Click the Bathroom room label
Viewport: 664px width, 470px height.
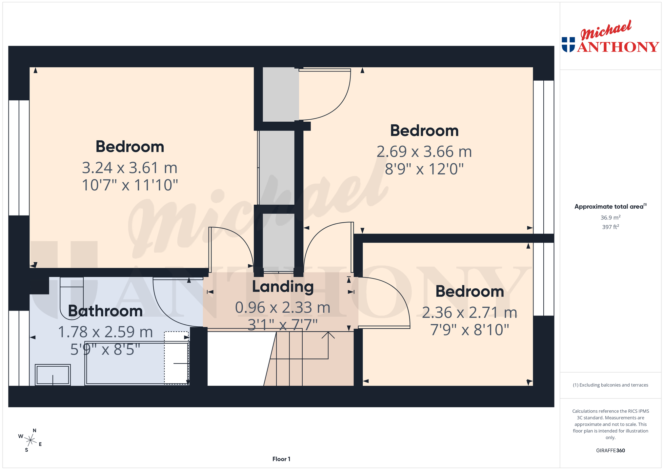(x=105, y=311)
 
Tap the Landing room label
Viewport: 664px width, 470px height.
(x=283, y=287)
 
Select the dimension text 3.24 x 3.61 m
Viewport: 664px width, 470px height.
(x=130, y=168)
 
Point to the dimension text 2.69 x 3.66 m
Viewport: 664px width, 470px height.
(x=424, y=152)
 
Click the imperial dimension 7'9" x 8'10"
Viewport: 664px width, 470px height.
(x=470, y=330)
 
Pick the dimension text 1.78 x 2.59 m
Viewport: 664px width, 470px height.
(x=105, y=332)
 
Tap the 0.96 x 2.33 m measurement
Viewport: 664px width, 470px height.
(x=283, y=307)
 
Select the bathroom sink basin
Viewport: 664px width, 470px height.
(x=53, y=375)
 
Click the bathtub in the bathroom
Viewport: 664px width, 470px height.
(x=137, y=363)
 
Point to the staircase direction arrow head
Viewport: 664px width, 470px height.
(x=328, y=335)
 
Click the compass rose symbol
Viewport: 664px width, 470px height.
(x=30, y=440)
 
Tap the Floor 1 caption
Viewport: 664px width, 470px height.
(x=281, y=459)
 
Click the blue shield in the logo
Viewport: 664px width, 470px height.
(x=568, y=45)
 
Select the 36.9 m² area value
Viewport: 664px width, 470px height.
(x=610, y=217)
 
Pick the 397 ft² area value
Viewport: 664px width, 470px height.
(x=610, y=227)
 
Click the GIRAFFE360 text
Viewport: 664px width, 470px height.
(x=610, y=450)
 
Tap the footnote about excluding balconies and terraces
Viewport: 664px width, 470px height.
(x=610, y=385)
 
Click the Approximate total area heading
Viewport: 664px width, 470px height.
(x=610, y=206)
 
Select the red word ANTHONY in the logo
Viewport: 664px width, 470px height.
(x=618, y=47)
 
